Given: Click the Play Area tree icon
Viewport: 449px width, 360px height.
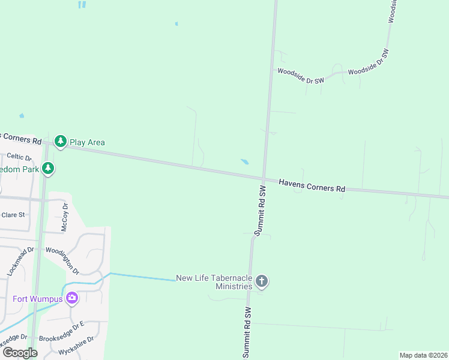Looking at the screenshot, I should [x=60, y=142].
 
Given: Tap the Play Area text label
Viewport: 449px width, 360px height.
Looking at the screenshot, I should [x=87, y=142].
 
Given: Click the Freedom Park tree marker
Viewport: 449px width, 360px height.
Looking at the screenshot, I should [x=48, y=169].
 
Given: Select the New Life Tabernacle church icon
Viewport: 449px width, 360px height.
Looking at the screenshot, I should [x=261, y=280].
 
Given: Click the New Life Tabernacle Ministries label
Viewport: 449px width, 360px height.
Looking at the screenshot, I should [x=214, y=282].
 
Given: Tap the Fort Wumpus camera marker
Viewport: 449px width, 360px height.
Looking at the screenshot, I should [x=72, y=298].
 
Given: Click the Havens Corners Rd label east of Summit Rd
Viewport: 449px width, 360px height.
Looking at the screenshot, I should [x=312, y=185].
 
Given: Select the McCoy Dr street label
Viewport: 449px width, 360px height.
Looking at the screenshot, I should [x=65, y=217].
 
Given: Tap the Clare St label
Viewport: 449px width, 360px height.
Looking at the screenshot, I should [x=13, y=214].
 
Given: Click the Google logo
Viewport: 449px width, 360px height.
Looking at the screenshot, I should [x=20, y=353].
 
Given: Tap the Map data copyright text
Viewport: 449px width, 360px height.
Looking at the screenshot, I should [x=423, y=355].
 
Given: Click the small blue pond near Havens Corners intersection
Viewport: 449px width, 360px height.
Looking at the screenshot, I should [x=245, y=161].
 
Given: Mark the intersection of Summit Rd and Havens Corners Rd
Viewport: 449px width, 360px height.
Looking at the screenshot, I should [x=264, y=178].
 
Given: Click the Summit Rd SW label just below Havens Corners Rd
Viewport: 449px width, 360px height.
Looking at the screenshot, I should [x=260, y=210].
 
